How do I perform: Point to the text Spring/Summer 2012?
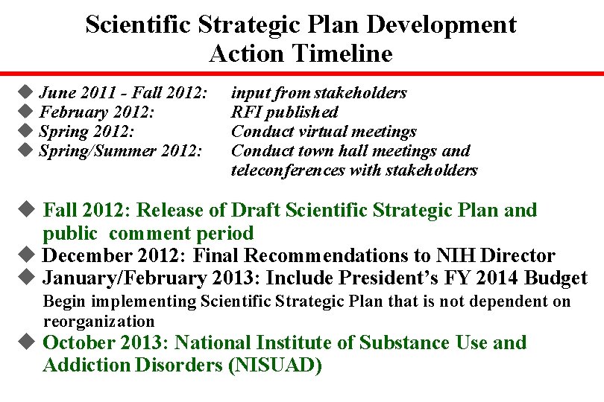pos(120,151)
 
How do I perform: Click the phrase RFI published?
pos(284,112)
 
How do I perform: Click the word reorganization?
pos(98,322)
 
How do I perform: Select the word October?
pos(81,343)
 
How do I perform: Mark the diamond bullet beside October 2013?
pos(26,342)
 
